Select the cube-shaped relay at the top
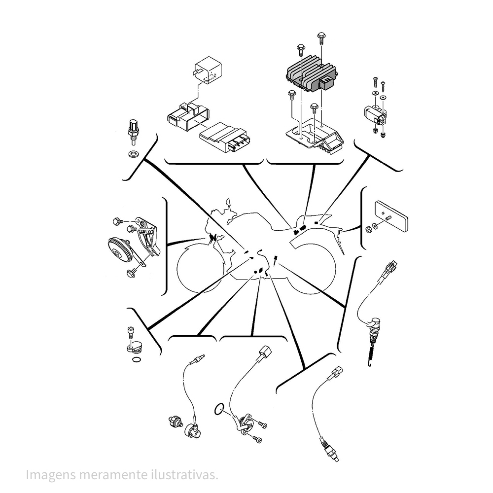point(208,70)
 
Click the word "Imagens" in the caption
point(51,474)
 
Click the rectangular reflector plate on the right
point(391,216)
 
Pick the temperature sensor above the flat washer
point(134,132)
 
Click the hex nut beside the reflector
point(368,229)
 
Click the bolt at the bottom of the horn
point(131,272)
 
